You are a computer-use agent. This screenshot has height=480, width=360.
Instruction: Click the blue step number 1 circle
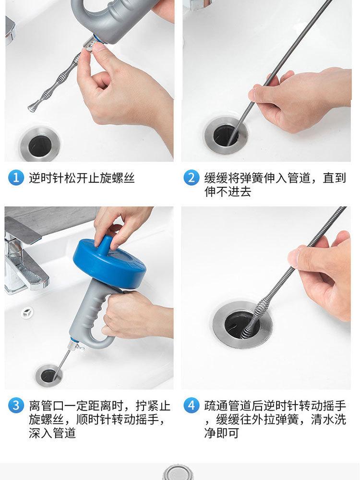pyautogui.click(x=16, y=178)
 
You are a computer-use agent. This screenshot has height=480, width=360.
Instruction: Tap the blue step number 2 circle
pyautogui.click(x=192, y=178)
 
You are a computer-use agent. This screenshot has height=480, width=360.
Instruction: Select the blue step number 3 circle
pyautogui.click(x=16, y=405)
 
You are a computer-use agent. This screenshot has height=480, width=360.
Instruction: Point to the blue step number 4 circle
pyautogui.click(x=192, y=405)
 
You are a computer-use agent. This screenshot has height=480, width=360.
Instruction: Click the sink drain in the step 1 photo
pyautogui.click(x=40, y=144)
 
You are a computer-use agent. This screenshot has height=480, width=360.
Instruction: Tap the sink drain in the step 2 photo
pyautogui.click(x=227, y=135)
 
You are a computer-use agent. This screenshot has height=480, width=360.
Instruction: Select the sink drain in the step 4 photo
pyautogui.click(x=242, y=324)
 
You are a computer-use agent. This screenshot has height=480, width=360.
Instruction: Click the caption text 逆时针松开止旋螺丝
pyautogui.click(x=82, y=178)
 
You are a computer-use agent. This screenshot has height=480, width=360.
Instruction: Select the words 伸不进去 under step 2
pyautogui.click(x=228, y=192)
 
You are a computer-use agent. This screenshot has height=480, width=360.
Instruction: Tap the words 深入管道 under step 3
pyautogui.click(x=52, y=433)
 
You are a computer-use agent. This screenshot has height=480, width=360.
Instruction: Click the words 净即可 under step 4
pyautogui.click(x=221, y=433)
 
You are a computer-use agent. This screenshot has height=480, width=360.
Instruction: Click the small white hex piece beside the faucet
pyautogui.click(x=27, y=312)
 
